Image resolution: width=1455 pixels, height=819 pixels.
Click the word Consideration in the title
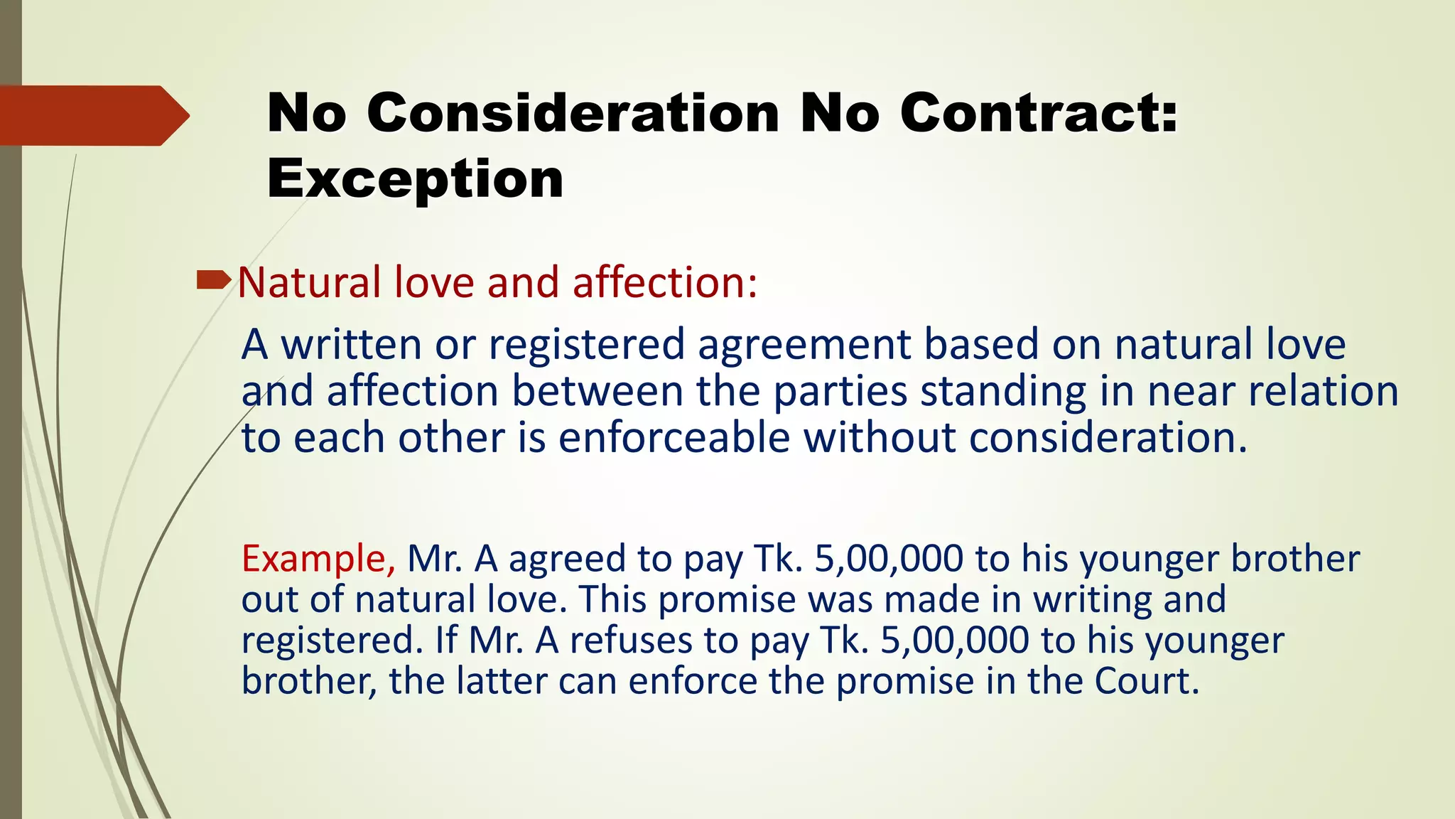(x=573, y=113)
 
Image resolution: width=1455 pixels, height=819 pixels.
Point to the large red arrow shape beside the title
(x=92, y=115)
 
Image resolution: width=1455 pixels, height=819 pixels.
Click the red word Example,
(x=318, y=558)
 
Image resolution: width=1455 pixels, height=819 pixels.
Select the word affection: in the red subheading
(x=665, y=282)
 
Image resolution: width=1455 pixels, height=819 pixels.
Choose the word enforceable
(x=674, y=437)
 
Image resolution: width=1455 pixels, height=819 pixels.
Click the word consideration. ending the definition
(x=1108, y=437)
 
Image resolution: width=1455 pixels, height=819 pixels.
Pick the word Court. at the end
(x=1147, y=681)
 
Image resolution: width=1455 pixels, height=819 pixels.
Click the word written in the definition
(x=352, y=344)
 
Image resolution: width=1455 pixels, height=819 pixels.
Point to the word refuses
(x=631, y=640)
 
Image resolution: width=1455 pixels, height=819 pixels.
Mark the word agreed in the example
(x=567, y=560)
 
